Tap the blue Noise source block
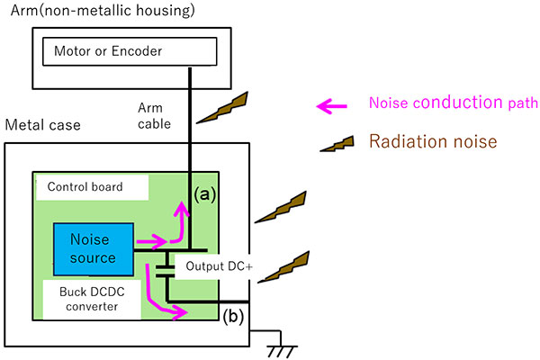coord(93,248)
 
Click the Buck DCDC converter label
coord(93,298)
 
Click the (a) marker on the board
coord(204,193)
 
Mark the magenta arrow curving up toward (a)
coord(179,224)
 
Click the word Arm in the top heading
coord(19,10)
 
